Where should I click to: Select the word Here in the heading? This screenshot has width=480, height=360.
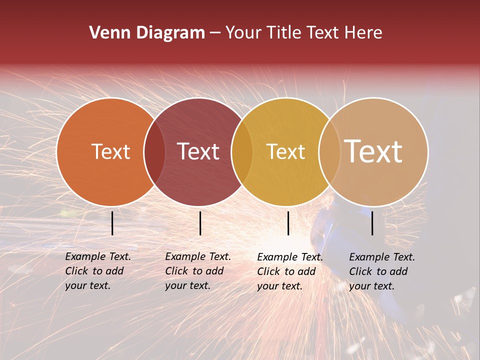point(363,33)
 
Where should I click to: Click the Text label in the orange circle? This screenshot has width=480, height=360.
point(110,151)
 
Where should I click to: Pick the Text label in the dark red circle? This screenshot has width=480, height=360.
point(198,151)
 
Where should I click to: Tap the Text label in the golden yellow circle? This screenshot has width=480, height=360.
point(285,151)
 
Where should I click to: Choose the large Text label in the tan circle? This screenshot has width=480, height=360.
point(373,151)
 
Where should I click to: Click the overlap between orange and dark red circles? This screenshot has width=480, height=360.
point(154,152)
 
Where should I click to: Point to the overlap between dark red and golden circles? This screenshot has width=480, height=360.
point(242,152)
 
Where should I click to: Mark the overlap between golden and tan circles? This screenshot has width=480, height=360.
point(329,152)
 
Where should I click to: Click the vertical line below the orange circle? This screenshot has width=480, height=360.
point(112,223)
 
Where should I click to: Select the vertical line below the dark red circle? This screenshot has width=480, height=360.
point(200,223)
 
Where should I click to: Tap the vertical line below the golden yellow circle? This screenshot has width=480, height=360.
point(288,223)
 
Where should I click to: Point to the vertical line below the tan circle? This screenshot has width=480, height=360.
point(372,223)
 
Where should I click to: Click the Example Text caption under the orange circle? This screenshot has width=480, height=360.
point(98,271)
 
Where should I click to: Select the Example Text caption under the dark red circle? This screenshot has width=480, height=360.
point(198,271)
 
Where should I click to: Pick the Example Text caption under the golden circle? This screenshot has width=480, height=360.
point(290,271)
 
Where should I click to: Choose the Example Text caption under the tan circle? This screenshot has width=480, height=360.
point(382,271)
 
